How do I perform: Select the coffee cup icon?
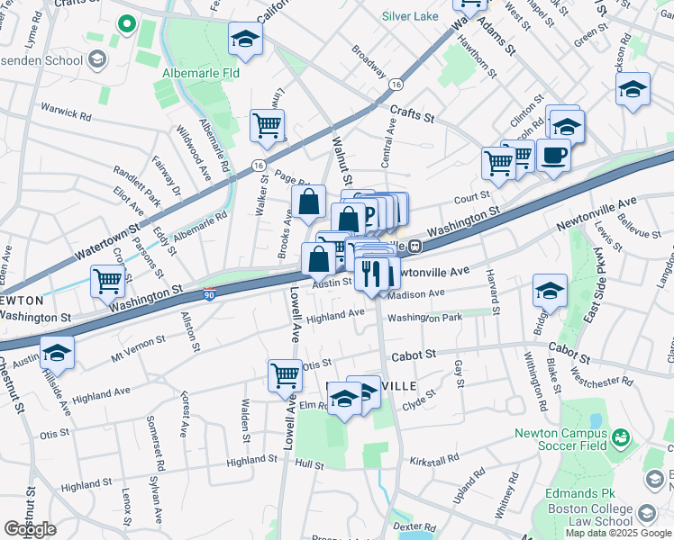553,155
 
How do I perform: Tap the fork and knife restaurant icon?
372,272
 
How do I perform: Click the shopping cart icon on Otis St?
286,373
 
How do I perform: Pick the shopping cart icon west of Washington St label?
107,281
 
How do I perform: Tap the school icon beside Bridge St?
550,290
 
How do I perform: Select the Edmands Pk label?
569,494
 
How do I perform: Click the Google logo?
30,528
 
